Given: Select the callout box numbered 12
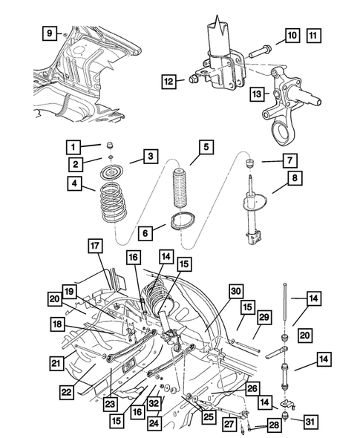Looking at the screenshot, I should point(170,81).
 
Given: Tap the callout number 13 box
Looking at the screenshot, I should point(257,94).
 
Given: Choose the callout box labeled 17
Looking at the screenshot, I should point(96,245).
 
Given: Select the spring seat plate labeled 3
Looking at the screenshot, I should point(111,174).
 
